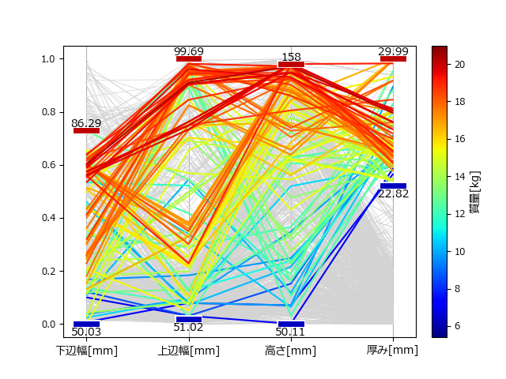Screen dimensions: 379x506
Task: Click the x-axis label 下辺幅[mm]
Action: coord(86,351)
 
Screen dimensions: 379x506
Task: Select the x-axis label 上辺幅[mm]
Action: coord(189,351)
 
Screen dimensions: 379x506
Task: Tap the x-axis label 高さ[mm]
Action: coord(291,351)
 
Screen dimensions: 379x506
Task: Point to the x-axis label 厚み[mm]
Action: coord(393,351)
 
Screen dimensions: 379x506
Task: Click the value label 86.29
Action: coord(86,123)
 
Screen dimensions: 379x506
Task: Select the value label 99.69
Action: coord(189,51)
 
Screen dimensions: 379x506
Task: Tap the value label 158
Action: coord(291,58)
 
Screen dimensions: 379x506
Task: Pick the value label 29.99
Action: coord(393,51)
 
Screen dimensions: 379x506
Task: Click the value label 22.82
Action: coord(393,193)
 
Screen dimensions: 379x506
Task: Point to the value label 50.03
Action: coord(86,331)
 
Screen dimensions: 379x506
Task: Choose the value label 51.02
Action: coord(189,327)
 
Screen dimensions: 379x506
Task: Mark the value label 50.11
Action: coord(291,331)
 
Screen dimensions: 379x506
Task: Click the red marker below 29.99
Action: coord(393,58)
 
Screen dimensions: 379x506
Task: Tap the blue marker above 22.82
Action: coord(393,186)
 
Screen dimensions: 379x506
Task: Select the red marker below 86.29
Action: coord(86,130)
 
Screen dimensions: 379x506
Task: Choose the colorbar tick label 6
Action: coord(455,325)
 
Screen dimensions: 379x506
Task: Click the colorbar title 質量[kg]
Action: coord(474,192)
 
